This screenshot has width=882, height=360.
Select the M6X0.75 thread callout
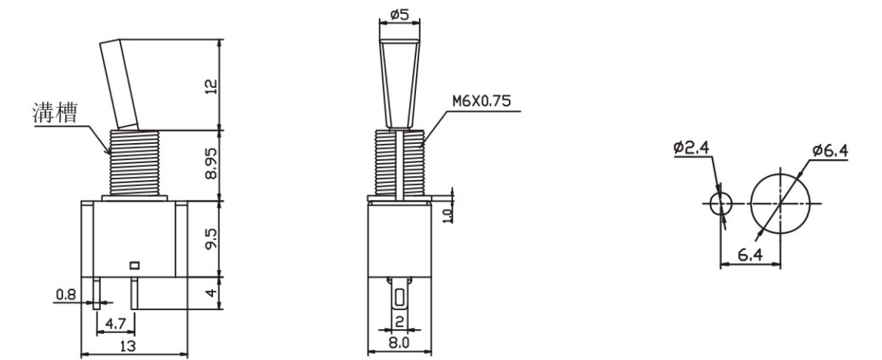click(x=482, y=102)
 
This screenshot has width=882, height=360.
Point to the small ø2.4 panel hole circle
click(x=721, y=203)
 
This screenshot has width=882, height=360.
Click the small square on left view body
click(x=135, y=265)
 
